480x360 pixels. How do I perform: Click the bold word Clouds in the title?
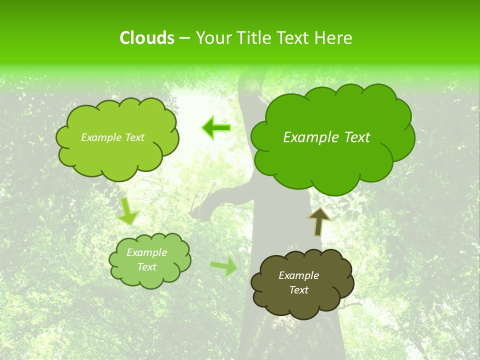[x=146, y=38]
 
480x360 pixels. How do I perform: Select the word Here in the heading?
[x=334, y=38]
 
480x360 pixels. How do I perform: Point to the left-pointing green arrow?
[x=216, y=128]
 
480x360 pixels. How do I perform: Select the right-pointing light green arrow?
[x=224, y=266]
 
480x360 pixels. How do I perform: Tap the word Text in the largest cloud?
[x=356, y=137]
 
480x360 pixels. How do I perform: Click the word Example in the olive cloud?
[x=298, y=275]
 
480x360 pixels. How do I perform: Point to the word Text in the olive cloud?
[x=298, y=290]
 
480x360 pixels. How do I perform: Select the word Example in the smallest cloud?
[x=146, y=252]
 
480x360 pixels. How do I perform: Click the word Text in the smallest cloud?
[x=146, y=267]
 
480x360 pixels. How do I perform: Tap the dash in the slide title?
[x=184, y=38]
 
